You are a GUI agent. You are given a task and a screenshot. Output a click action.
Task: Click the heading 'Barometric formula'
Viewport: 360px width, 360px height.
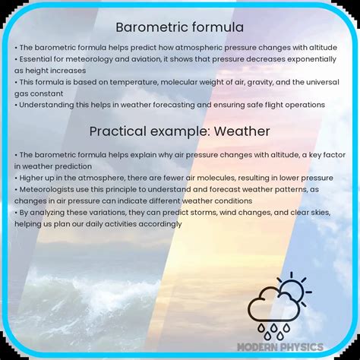179,27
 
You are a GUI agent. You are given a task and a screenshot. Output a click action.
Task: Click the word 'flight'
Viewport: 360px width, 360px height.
262,104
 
